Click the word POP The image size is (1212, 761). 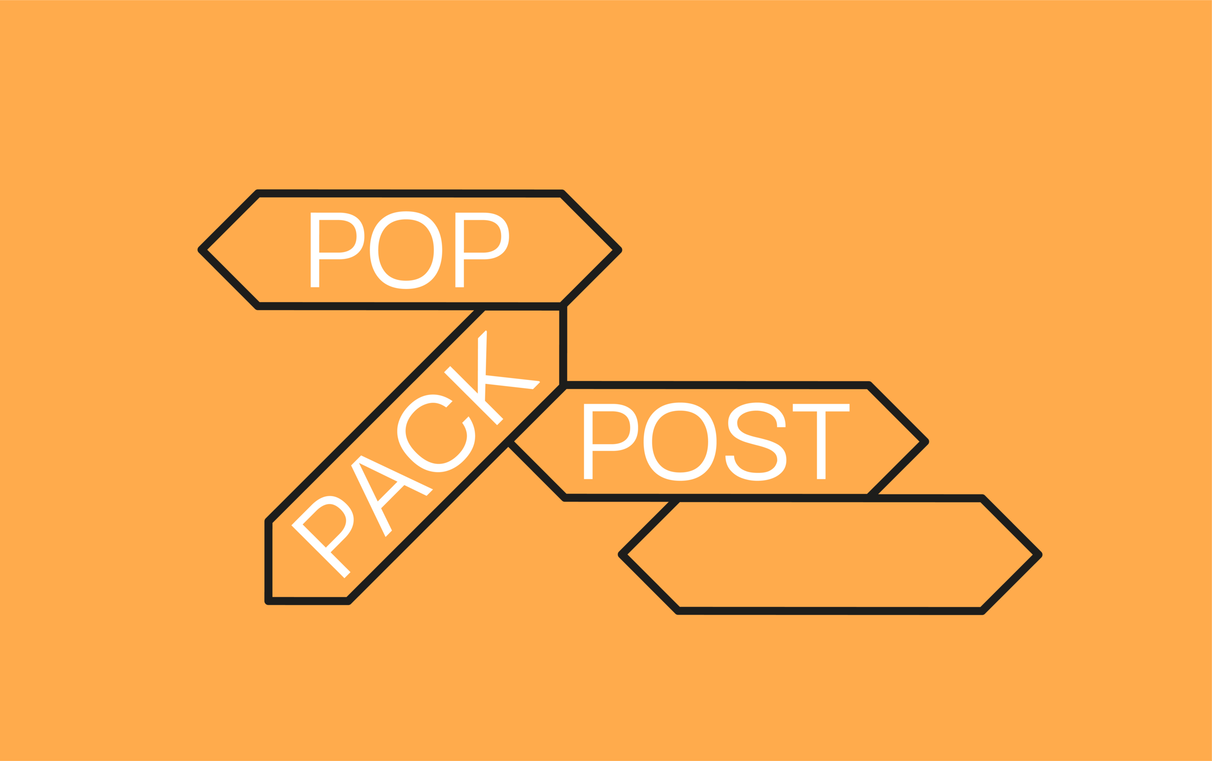(x=409, y=250)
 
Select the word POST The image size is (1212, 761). (x=716, y=442)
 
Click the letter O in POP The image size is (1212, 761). (x=406, y=250)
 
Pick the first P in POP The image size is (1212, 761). (x=335, y=250)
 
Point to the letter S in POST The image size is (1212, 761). (x=756, y=442)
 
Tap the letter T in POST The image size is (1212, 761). (x=821, y=442)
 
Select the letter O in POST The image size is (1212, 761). (x=680, y=442)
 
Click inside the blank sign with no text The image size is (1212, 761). (x=830, y=554)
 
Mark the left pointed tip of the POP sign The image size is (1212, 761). (x=201, y=250)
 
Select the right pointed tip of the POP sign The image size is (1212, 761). (x=619, y=250)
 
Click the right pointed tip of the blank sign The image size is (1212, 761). (x=1039, y=554)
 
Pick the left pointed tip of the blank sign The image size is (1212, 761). (x=622, y=554)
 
